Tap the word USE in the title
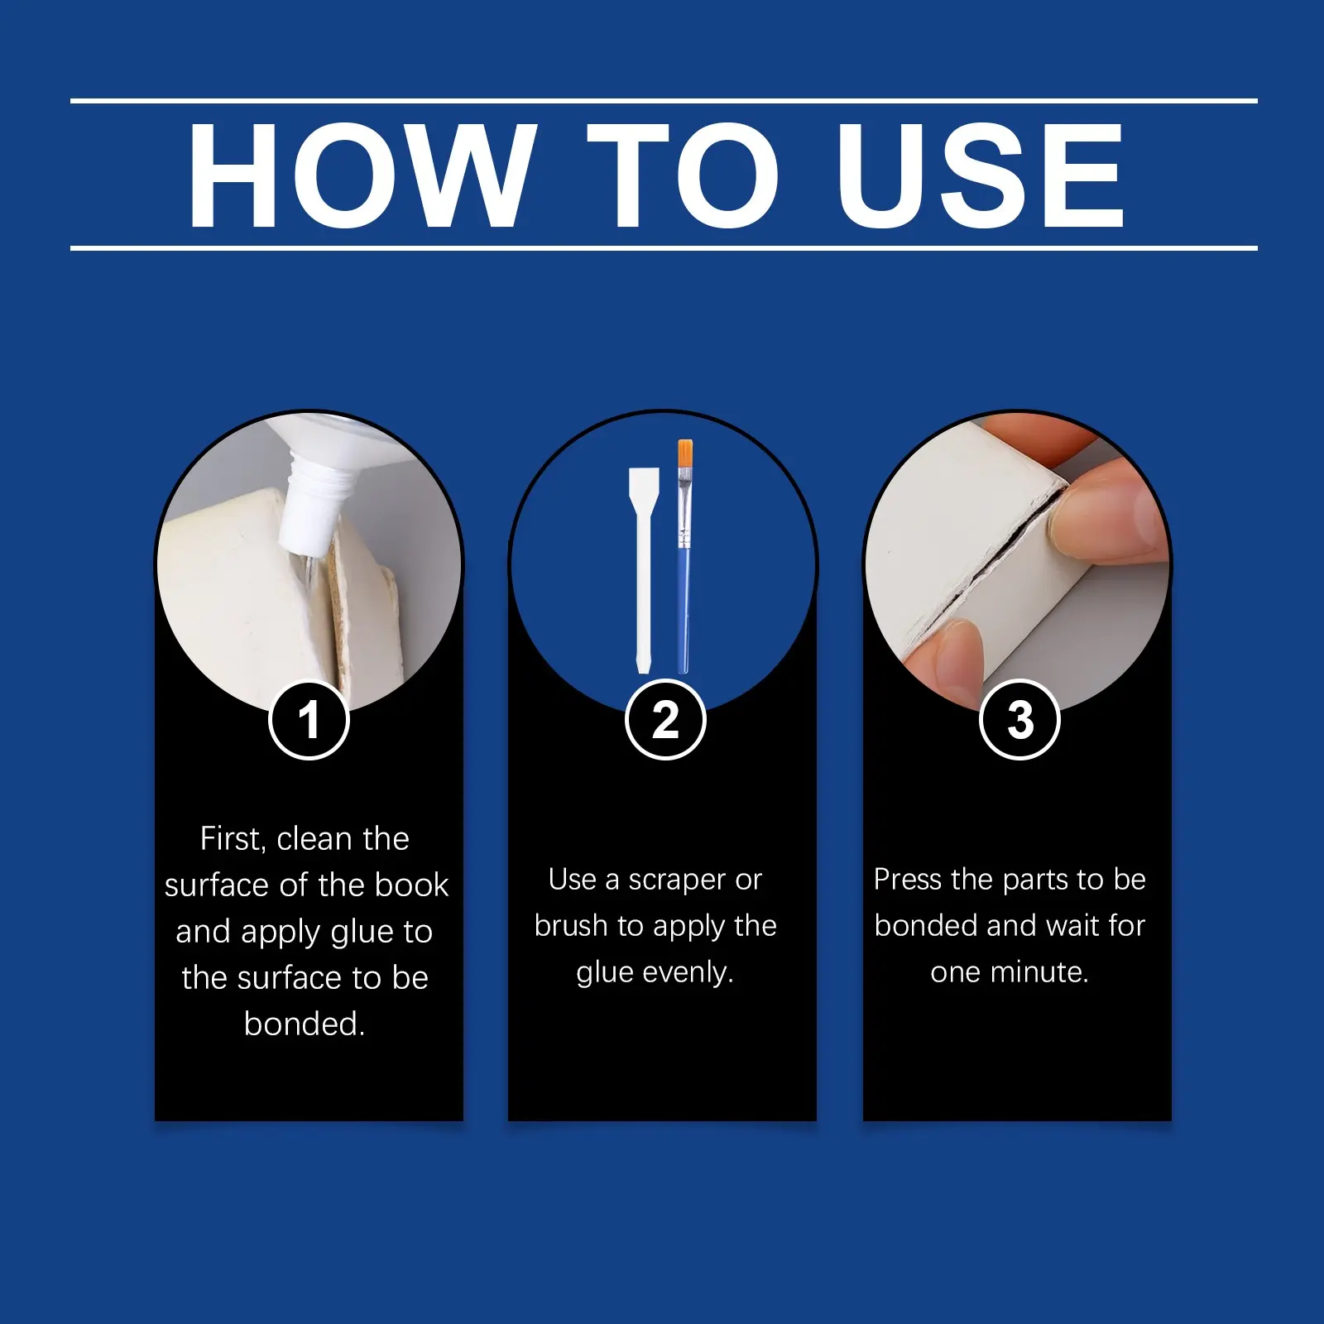[981, 175]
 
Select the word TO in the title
[684, 175]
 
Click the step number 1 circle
[309, 720]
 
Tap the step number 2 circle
[664, 720]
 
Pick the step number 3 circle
[1019, 720]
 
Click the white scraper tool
[644, 571]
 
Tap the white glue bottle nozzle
[306, 505]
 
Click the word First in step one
[233, 839]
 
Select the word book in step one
[411, 885]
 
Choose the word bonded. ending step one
[305, 1024]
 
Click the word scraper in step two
[674, 880]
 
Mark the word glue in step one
[362, 933]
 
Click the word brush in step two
[571, 925]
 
